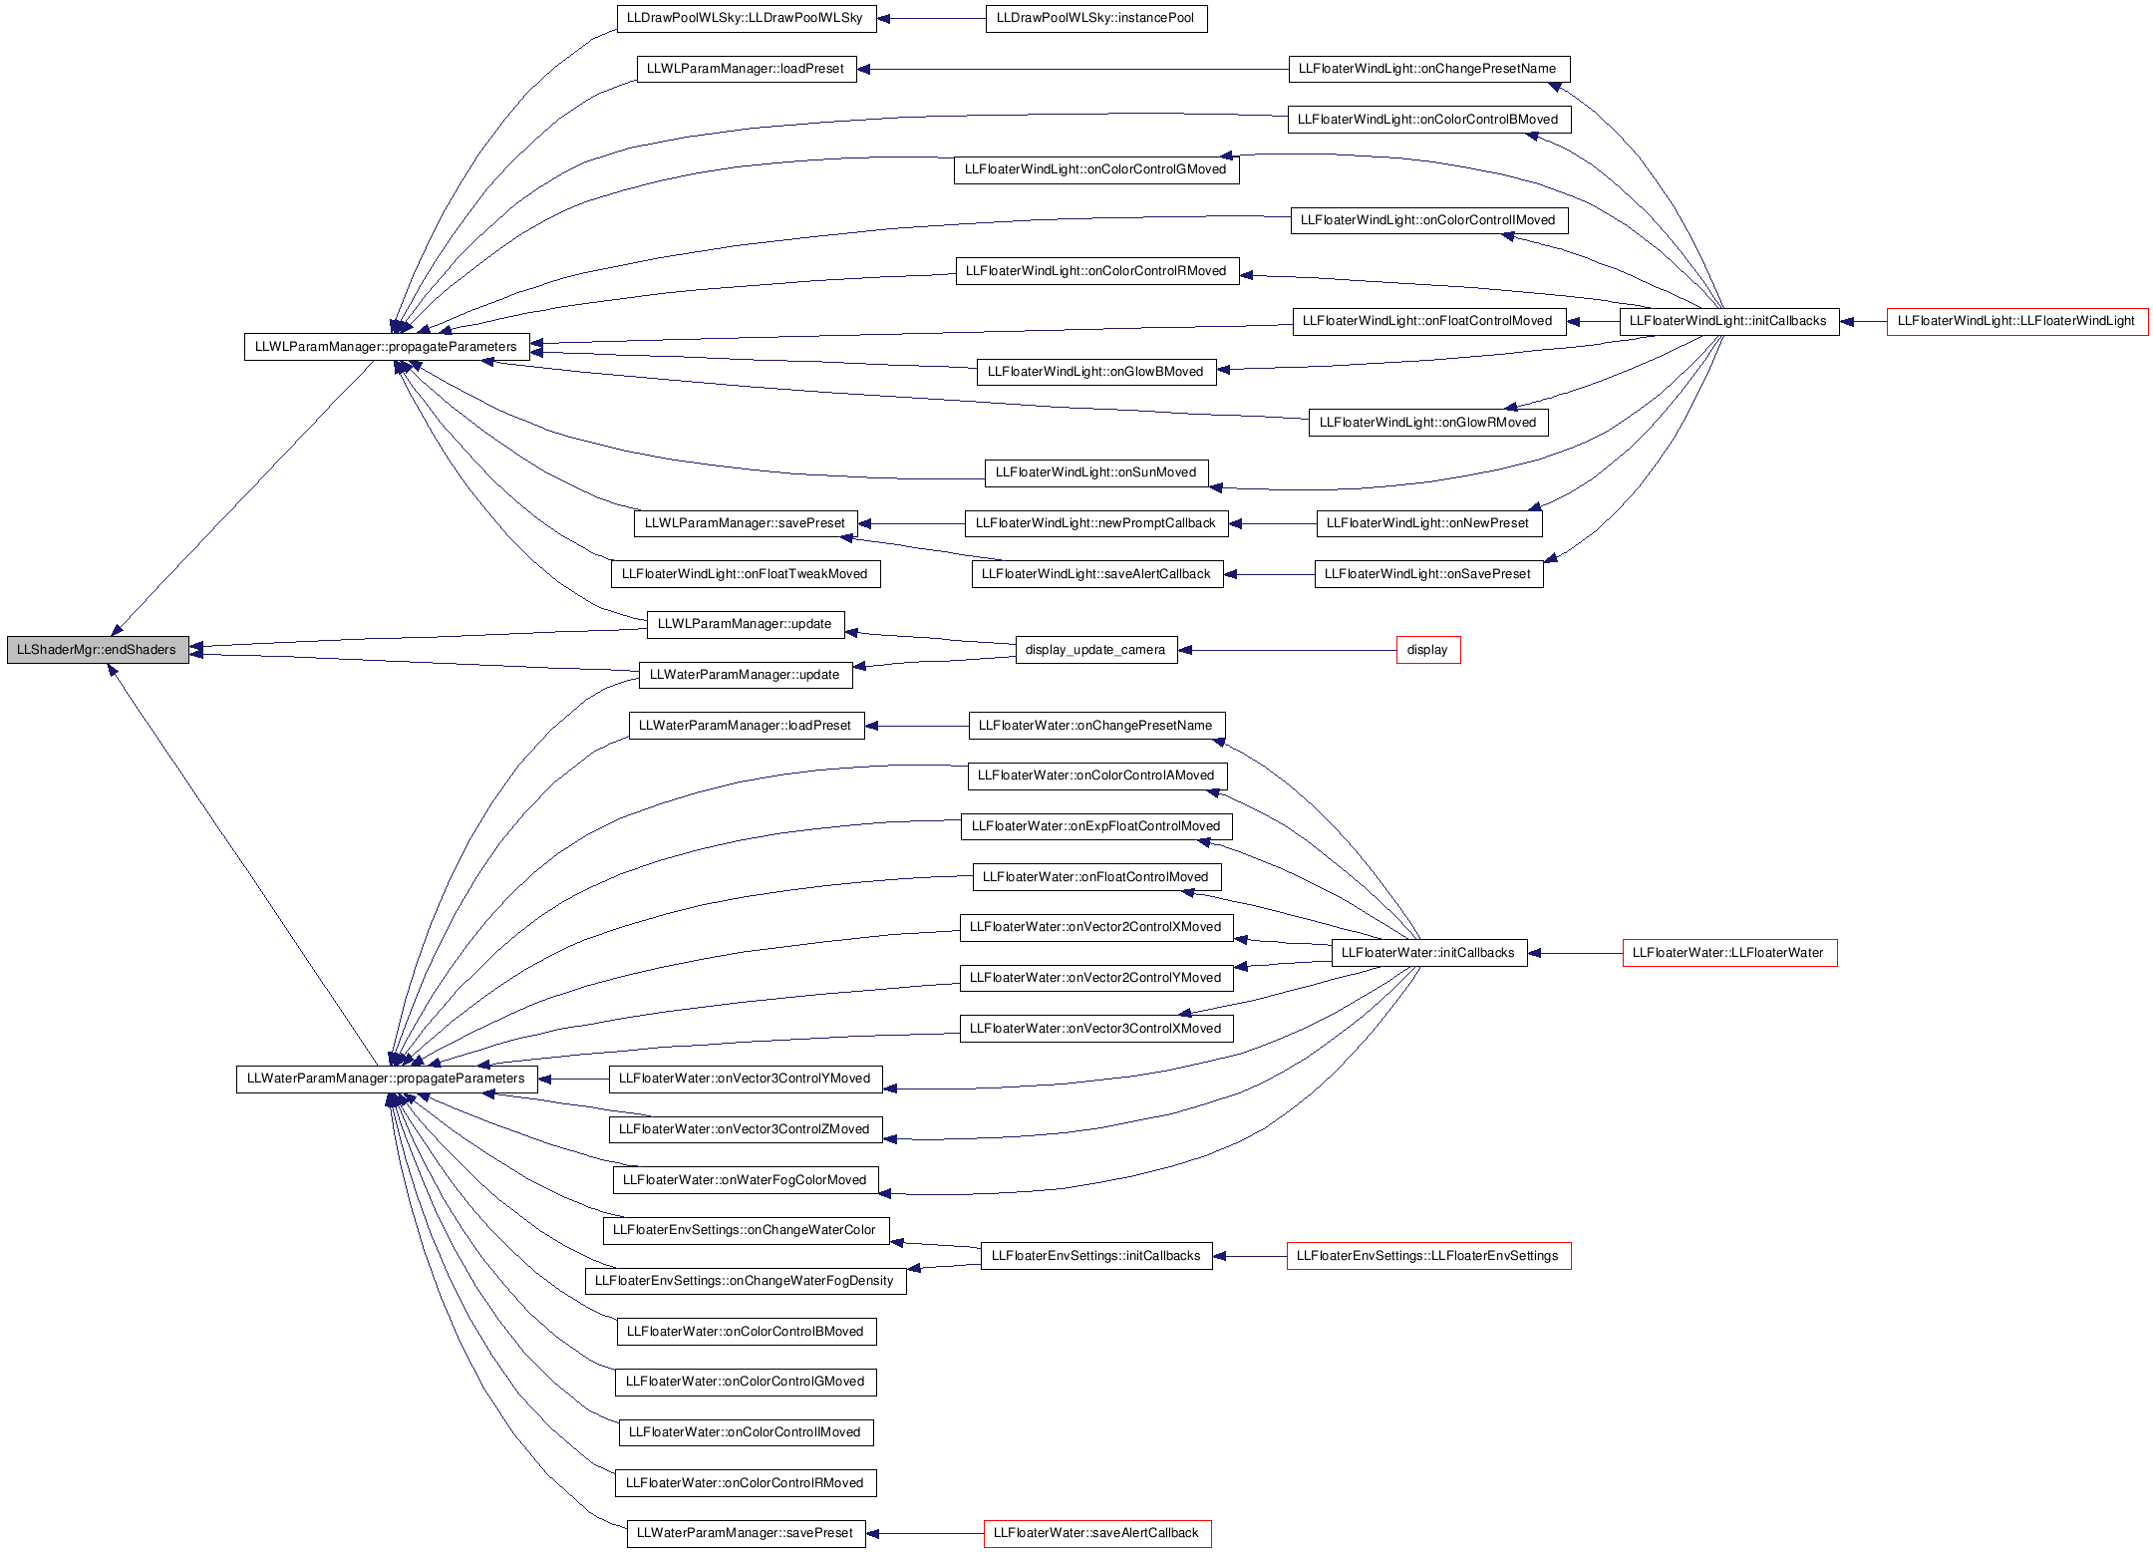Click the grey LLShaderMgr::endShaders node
(x=98, y=650)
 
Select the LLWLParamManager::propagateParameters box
(x=387, y=347)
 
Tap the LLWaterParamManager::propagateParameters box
(x=387, y=1079)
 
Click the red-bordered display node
(x=1428, y=650)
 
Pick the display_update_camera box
(x=1096, y=650)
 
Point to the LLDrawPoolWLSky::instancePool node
(x=1096, y=18)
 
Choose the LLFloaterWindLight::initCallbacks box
(x=1729, y=321)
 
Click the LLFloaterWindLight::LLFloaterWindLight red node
(x=2017, y=321)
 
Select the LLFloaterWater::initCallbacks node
(x=1429, y=953)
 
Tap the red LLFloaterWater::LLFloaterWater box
(x=1729, y=953)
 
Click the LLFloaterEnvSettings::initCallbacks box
(x=1096, y=1256)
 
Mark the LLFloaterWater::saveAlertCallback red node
(x=1097, y=1533)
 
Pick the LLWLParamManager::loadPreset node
(x=747, y=69)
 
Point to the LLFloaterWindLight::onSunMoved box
(x=1096, y=472)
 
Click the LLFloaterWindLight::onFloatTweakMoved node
(x=746, y=574)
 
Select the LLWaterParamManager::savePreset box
(x=746, y=1533)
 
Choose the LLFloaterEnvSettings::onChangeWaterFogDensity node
(x=746, y=1281)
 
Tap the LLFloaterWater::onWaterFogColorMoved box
(x=746, y=1180)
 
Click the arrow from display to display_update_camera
(x=1287, y=650)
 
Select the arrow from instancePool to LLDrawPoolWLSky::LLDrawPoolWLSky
(x=931, y=18)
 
